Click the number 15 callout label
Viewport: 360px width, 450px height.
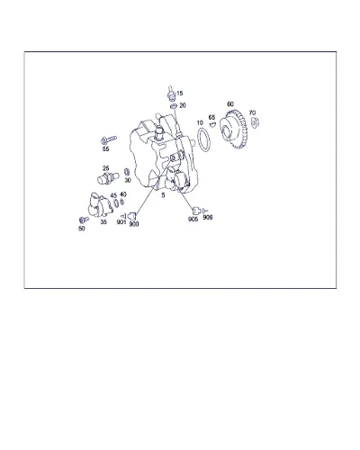coord(179,94)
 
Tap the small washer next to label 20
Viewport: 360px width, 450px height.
coord(173,106)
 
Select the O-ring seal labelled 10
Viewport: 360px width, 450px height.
coord(204,139)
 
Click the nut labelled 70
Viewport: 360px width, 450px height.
coord(255,122)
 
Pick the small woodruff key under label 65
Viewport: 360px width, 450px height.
coord(212,123)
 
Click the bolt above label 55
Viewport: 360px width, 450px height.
coord(108,139)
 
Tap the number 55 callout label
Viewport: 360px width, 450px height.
coord(105,148)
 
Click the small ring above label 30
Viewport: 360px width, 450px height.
coord(127,172)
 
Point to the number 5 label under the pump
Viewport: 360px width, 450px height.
coord(163,195)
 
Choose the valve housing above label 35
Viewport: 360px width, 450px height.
coord(100,204)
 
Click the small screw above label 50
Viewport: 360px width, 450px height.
coord(84,220)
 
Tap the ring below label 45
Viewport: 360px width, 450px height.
coord(116,203)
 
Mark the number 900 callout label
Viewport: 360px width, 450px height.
coord(134,224)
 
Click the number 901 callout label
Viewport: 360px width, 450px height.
coord(121,222)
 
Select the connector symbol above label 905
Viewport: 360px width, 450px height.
coord(196,211)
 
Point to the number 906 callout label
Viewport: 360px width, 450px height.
coord(208,217)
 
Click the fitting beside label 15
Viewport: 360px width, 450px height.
coord(171,93)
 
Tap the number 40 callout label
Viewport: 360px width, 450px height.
coord(122,194)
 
